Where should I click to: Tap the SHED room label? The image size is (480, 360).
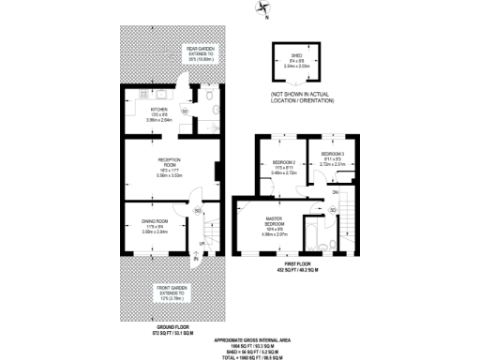(x=296, y=58)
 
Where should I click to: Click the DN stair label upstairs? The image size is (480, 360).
(x=334, y=192)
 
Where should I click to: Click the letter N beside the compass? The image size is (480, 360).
(x=266, y=17)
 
